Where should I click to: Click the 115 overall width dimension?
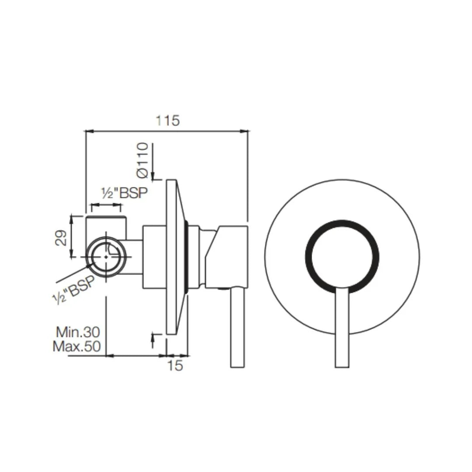[168, 120]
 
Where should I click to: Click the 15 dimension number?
[175, 365]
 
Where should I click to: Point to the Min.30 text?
[78, 332]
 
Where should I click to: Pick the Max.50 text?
[77, 347]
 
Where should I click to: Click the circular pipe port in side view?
[106, 257]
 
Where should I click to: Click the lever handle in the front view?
[342, 328]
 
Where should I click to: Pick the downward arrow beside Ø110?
[153, 175]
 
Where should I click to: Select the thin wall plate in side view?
[171, 257]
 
